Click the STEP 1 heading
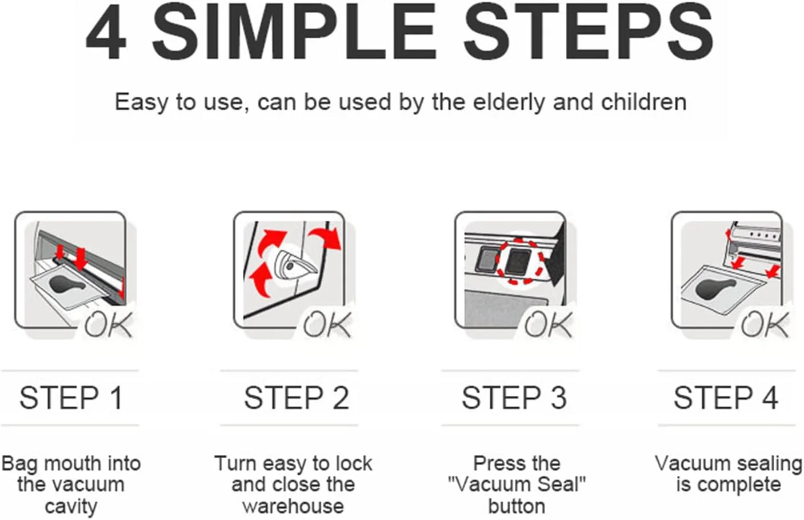(x=71, y=398)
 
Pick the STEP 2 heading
(x=296, y=398)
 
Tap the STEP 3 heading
(x=514, y=398)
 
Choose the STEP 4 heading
(x=726, y=398)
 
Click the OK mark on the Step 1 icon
(x=109, y=324)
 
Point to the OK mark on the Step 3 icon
(x=549, y=324)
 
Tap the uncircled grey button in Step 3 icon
(x=486, y=260)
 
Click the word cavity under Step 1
(x=71, y=507)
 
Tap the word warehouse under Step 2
(x=293, y=506)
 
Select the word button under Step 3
(x=517, y=506)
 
